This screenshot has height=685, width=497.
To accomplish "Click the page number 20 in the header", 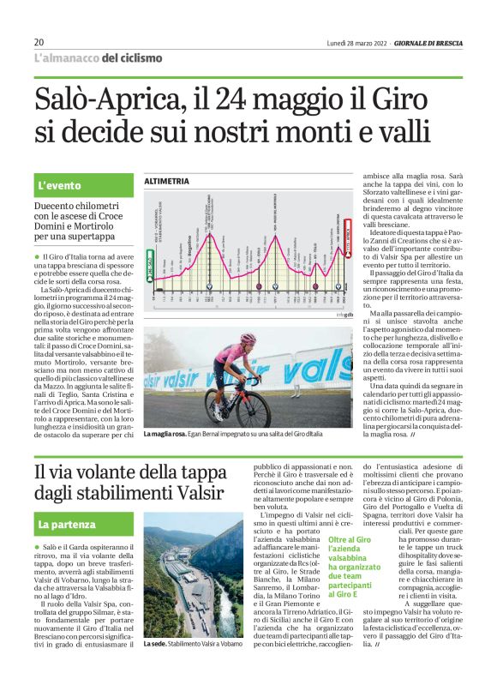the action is tap(39, 42).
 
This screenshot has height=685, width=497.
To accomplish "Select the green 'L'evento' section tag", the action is tap(59, 185).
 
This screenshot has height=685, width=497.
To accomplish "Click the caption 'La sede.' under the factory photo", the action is tap(157, 668).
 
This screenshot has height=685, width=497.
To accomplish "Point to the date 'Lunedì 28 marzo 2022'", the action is tap(357, 43).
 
